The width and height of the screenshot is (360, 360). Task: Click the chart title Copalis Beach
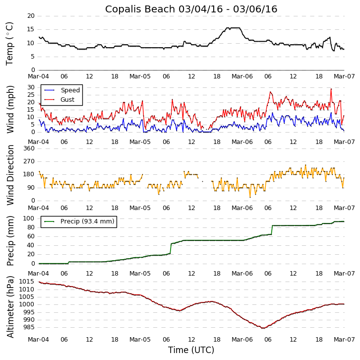coord(191,9)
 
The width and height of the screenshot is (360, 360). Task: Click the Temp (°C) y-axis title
coord(10,43)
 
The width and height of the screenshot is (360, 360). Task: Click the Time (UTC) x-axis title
coord(191,350)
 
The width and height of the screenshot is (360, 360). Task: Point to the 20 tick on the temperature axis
coord(30,16)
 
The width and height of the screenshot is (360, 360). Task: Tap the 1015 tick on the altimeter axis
coord(26,282)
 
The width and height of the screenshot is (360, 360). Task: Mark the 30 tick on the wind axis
coord(30,87)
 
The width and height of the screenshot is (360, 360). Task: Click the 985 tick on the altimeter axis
coord(28,327)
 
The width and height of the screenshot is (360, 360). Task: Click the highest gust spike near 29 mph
coord(331,89)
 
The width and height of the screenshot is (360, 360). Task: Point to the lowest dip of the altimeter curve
coord(263,328)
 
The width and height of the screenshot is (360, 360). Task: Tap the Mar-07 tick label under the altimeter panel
coord(344,340)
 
